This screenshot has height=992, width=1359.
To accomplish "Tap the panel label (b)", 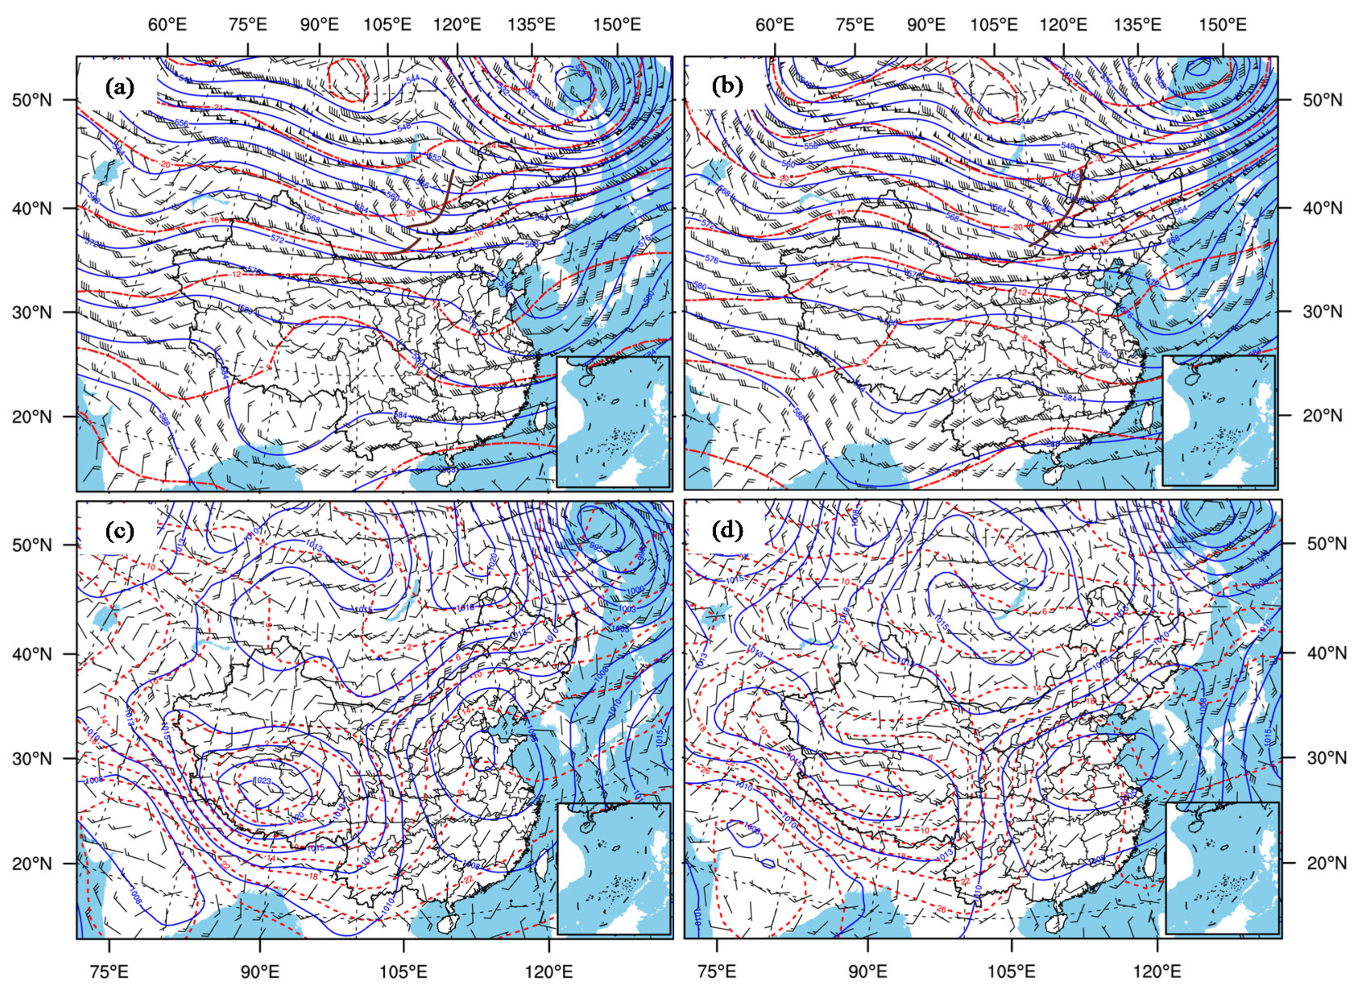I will coord(727,86).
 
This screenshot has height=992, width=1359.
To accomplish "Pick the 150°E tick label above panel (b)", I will coord(1223,25).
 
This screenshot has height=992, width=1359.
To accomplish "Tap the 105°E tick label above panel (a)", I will coord(387,25).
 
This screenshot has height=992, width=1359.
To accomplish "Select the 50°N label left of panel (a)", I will coord(32,100).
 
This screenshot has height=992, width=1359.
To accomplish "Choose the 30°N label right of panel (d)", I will coord(1325,758).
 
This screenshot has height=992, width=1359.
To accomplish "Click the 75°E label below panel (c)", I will coord(109,971).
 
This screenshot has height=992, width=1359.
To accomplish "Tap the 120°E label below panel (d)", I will coord(1157,971).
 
